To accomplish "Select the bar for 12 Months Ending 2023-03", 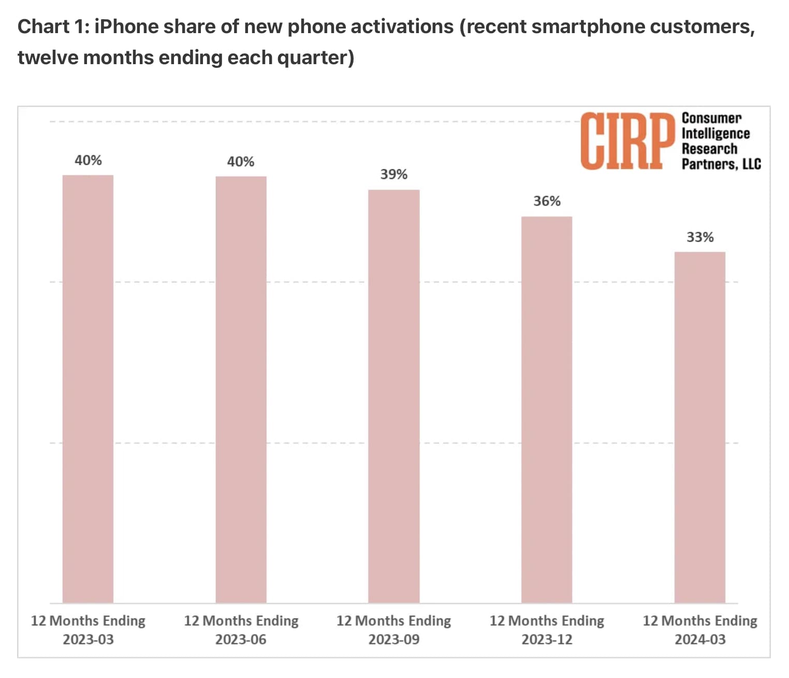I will (x=88, y=388).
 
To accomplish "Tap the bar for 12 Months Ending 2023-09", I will (x=394, y=396).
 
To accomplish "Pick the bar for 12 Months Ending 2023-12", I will (x=547, y=409).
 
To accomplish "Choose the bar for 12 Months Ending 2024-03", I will (x=700, y=427).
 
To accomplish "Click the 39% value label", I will (x=394, y=174).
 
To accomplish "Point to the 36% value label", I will (x=547, y=201).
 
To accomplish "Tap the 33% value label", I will (x=700, y=237).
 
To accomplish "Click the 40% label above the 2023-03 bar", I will (x=88, y=160).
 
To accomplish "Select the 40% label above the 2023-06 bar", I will (x=241, y=162).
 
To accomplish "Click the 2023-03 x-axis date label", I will (x=88, y=640).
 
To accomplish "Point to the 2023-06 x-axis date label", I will (x=241, y=640).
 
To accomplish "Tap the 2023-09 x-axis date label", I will (x=394, y=640).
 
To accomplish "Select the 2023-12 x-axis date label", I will (x=547, y=640).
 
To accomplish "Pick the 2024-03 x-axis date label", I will (x=700, y=640).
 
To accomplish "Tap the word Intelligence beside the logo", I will (x=715, y=134).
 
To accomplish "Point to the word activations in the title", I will (x=401, y=26).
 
